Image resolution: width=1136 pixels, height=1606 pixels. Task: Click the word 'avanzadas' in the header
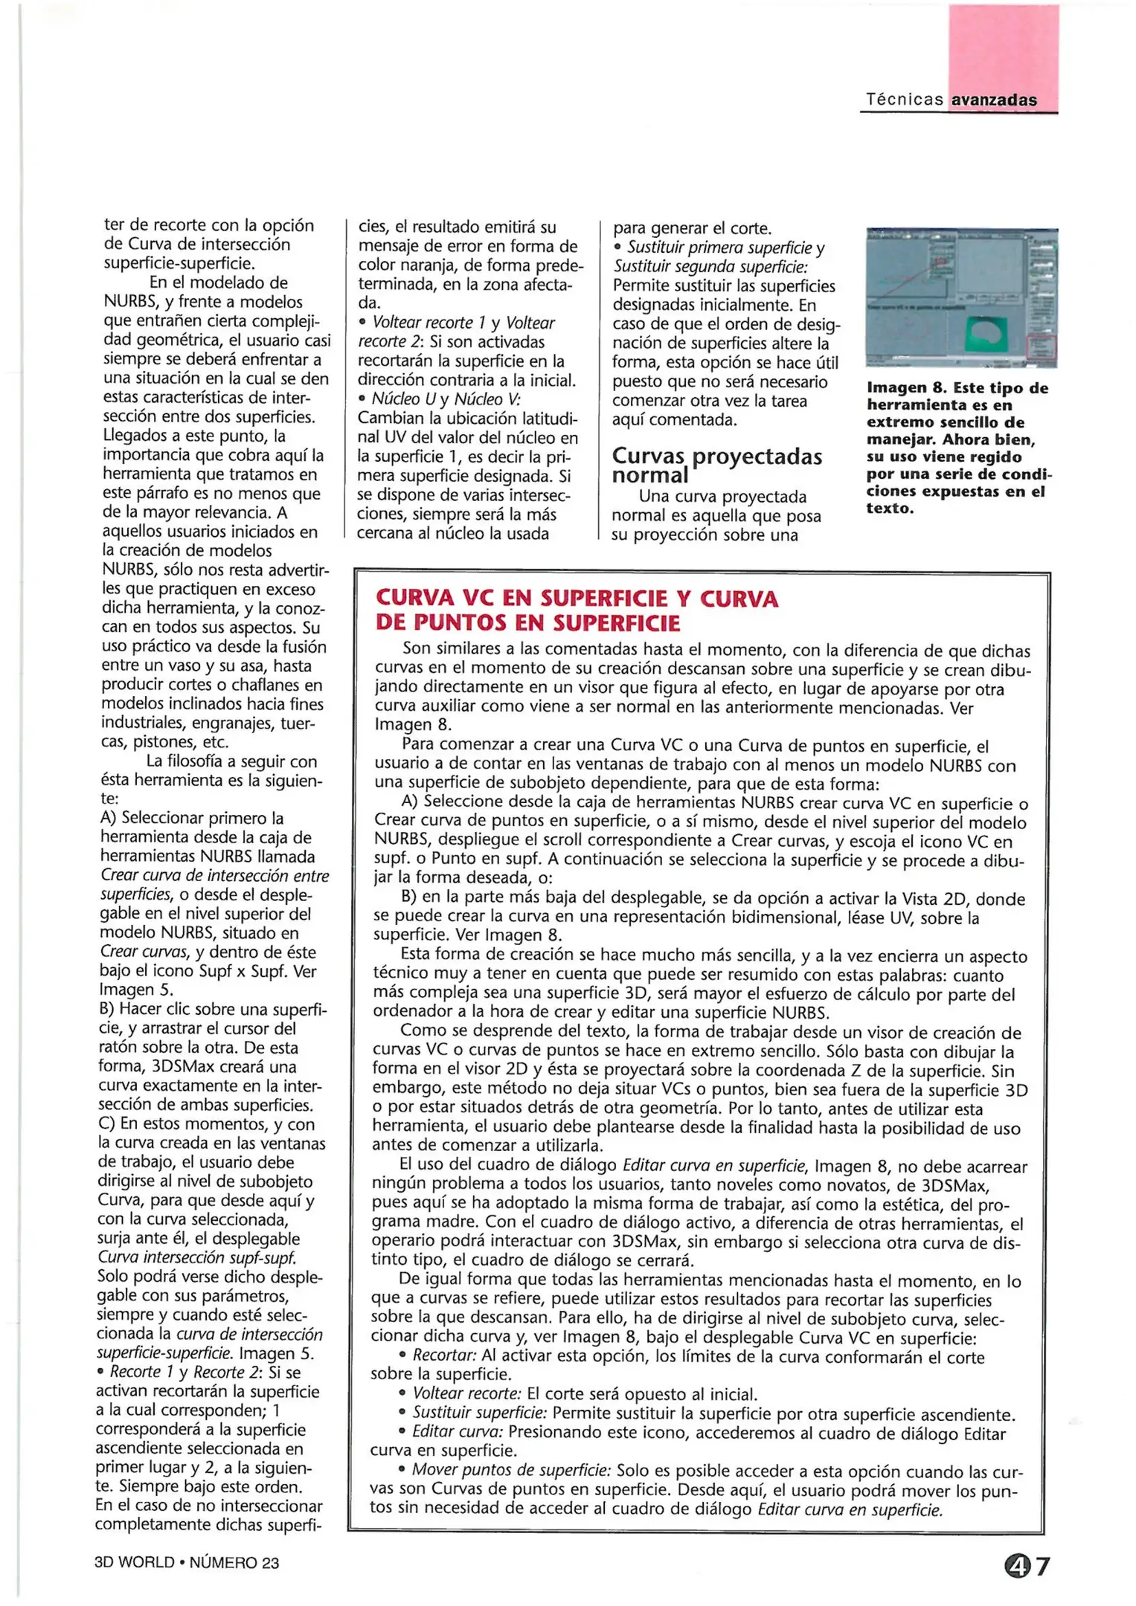tap(994, 100)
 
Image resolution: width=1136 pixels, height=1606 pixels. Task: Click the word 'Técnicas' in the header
tap(904, 100)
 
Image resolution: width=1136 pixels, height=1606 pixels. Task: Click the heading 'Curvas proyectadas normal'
tap(716, 465)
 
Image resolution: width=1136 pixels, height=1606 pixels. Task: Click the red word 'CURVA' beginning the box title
tap(414, 599)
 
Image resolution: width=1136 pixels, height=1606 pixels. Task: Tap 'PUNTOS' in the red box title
tap(481, 623)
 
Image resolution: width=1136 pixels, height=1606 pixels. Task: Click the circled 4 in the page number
tap(1017, 1567)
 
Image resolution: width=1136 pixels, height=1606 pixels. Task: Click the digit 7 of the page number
tap(1042, 1567)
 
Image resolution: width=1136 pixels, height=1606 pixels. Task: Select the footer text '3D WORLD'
tap(134, 1563)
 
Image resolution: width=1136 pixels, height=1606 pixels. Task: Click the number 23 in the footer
tap(270, 1563)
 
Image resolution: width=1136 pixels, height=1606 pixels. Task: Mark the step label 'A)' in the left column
tap(109, 818)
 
